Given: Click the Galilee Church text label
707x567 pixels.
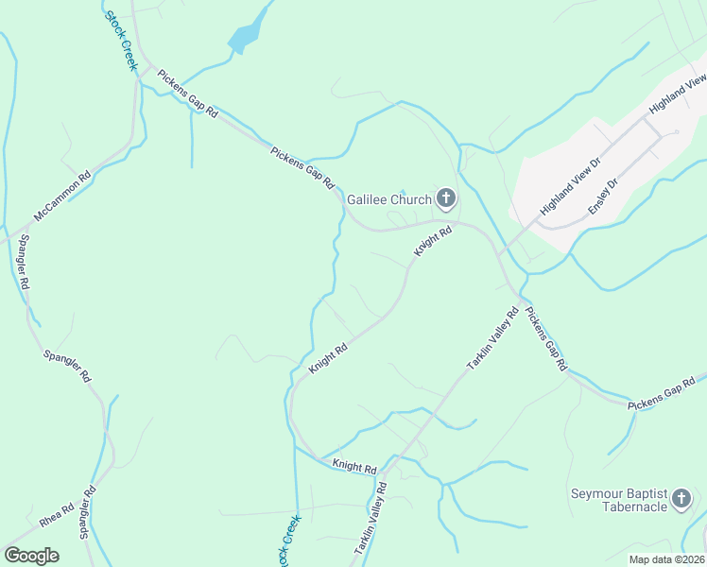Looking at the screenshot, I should (388, 199).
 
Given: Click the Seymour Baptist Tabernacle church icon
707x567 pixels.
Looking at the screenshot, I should (682, 500).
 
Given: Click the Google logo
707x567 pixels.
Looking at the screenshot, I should (31, 556).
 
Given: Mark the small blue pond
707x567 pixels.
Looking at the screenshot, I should (243, 38).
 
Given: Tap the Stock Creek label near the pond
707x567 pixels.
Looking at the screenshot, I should (122, 41).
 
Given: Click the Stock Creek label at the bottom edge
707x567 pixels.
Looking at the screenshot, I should (288, 541).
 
